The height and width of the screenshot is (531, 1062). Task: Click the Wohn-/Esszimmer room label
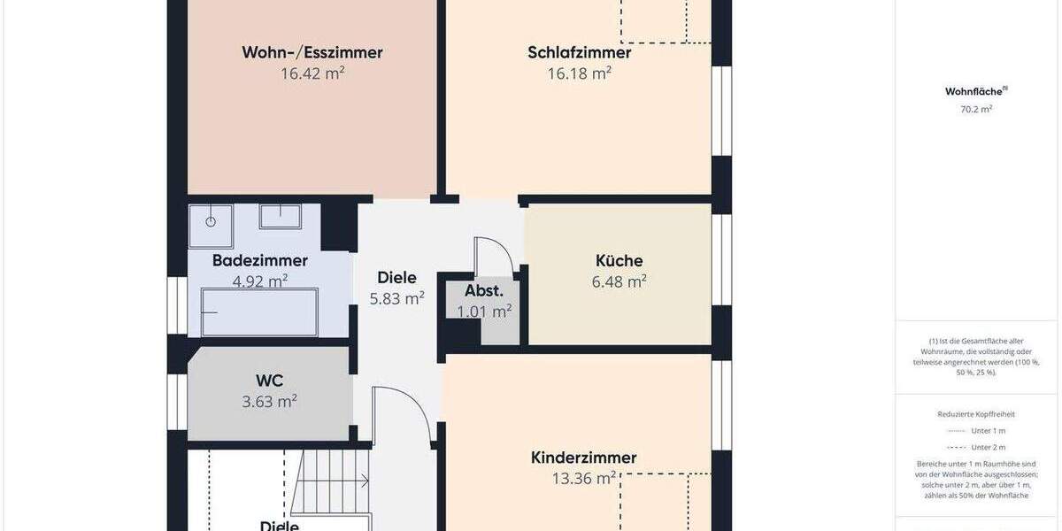[x=312, y=52]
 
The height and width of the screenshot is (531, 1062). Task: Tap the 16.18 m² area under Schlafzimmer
[x=579, y=73]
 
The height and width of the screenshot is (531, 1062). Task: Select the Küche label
[x=619, y=261]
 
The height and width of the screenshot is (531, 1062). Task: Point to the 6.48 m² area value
[x=619, y=282]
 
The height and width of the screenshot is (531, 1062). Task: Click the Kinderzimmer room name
[x=583, y=458]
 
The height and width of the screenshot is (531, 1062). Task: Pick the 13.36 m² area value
[x=583, y=479]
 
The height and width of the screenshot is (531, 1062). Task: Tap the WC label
[x=269, y=381]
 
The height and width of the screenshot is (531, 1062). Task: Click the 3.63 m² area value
[x=269, y=402]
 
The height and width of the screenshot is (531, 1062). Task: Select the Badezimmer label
[x=259, y=260]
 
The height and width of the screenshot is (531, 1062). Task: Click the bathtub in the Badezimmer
[x=259, y=312]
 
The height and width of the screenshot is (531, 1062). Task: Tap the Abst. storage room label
[x=484, y=290]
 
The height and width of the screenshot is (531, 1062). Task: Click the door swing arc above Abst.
[x=493, y=252]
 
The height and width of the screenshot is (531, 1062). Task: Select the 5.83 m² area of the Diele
[x=396, y=299]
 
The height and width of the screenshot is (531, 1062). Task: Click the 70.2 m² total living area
[x=976, y=110]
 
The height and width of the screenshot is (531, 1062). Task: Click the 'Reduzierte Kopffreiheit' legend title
[x=976, y=413]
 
